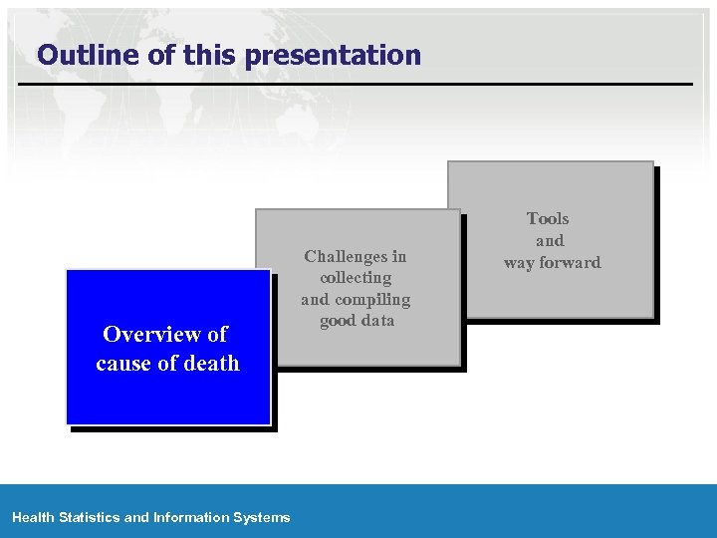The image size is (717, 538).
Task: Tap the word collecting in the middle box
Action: coord(356,278)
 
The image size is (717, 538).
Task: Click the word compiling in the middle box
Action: coord(372,299)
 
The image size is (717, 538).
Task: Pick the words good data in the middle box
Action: coord(356,320)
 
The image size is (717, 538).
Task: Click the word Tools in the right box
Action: coord(548,218)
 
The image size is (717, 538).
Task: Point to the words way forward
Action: coord(552,262)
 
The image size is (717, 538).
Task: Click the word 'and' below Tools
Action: coord(550,240)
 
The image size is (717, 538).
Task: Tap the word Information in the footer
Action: coord(190,517)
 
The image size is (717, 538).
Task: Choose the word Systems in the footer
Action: coord(262,517)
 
